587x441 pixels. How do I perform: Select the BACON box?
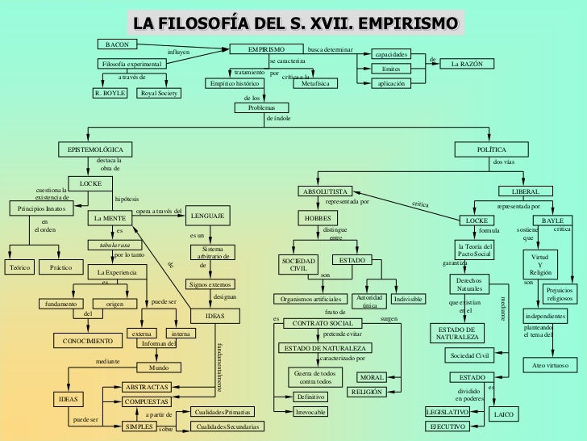tap(118, 43)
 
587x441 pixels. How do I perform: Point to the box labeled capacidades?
tap(391, 55)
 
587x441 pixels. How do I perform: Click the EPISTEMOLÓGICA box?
tap(94, 149)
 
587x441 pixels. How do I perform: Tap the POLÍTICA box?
tap(492, 149)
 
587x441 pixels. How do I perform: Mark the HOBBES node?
tap(320, 219)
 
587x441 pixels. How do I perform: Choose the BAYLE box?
tap(552, 220)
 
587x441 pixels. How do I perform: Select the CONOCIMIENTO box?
tap(87, 341)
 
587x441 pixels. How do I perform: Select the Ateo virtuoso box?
tap(552, 365)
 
